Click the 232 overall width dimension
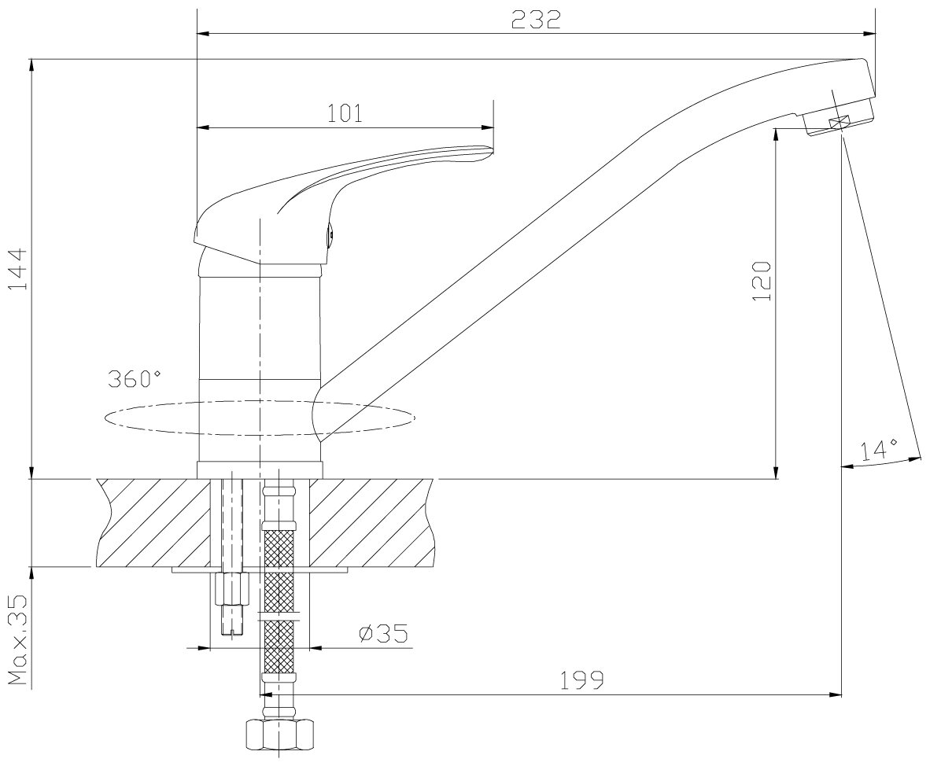click(x=536, y=20)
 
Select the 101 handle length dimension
click(x=345, y=112)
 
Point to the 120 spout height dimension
click(x=762, y=281)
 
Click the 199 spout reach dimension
click(x=582, y=680)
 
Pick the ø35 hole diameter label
click(x=384, y=633)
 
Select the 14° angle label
click(x=879, y=450)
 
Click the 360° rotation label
click(x=135, y=377)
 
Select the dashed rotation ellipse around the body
click(x=260, y=418)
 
